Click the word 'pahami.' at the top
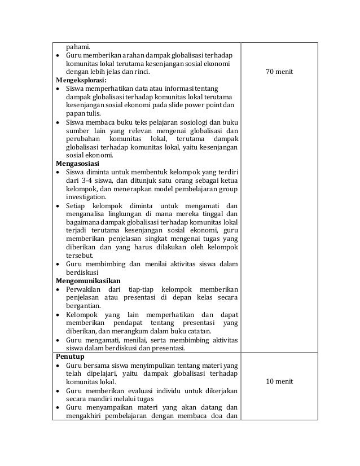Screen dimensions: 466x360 click(78, 46)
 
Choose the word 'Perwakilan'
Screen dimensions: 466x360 click(85, 289)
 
